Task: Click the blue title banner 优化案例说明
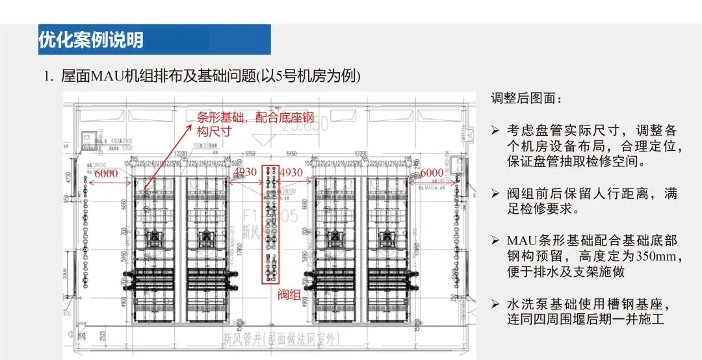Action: coord(155,40)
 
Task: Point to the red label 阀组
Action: coord(289,295)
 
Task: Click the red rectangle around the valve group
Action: coord(271,224)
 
